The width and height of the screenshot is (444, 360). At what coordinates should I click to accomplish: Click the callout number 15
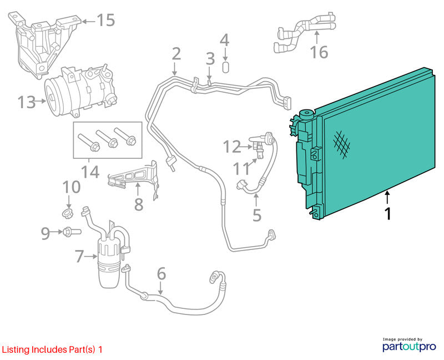pos(106,20)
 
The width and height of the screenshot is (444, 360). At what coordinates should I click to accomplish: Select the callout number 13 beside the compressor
pos(27,102)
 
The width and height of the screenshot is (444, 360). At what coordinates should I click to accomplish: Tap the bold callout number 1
pos(388,213)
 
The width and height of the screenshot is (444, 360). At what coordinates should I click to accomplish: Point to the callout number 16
pos(319,52)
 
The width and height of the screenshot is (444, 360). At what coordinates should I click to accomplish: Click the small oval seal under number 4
pos(225,67)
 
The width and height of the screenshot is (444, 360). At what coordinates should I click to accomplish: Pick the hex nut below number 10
pos(68,213)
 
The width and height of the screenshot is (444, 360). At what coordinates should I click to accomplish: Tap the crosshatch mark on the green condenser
pos(341,144)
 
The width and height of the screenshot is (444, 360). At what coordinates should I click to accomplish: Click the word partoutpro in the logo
pos(409,347)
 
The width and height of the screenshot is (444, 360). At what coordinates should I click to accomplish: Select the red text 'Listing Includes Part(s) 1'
pos(52,349)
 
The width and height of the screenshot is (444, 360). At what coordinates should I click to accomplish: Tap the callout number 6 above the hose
pos(161,273)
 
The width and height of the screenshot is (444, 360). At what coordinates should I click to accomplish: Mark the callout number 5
pos(256,215)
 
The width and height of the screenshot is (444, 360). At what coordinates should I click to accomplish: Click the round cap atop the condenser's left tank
pos(307,114)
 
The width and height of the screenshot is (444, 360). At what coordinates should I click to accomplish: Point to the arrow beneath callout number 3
pos(210,73)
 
